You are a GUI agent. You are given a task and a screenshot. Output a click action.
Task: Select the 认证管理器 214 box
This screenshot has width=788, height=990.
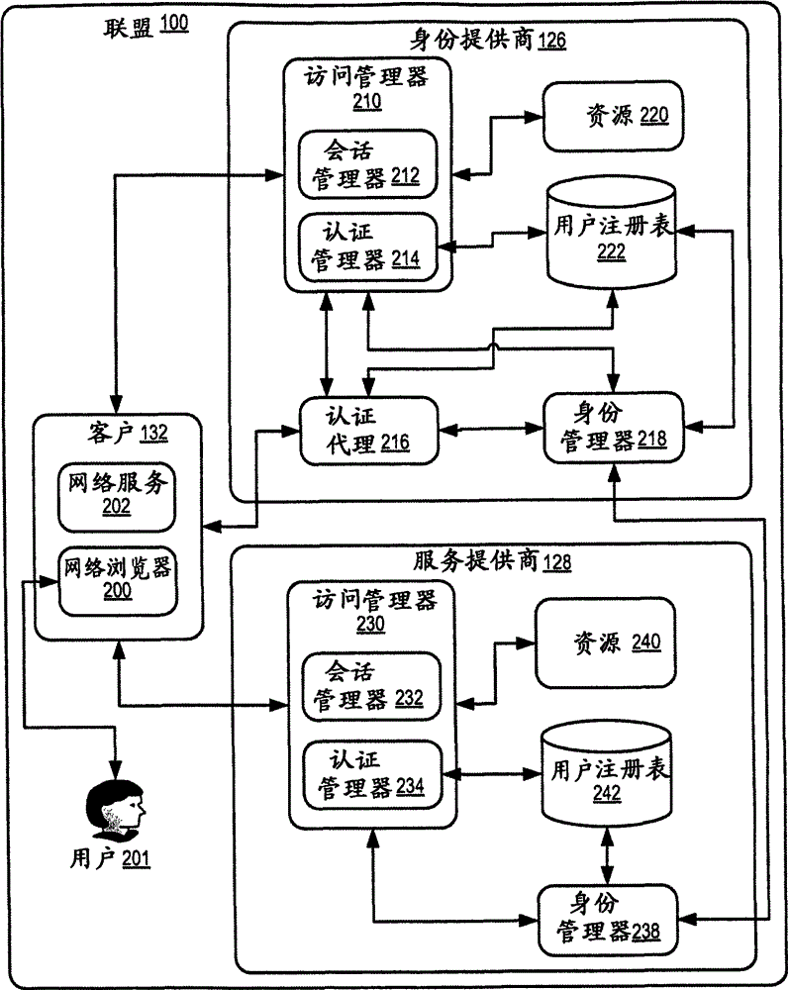coord(367,245)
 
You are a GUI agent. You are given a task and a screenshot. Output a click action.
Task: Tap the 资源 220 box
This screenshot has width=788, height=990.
coord(614,117)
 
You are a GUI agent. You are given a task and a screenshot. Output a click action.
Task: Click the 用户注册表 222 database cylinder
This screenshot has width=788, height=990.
coord(614,234)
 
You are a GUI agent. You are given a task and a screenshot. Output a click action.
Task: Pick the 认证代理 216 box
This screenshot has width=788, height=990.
coord(368,430)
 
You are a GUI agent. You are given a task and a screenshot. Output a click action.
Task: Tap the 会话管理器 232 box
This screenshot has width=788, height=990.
coord(370,685)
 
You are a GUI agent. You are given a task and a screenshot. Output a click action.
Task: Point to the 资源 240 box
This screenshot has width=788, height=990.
coord(612,643)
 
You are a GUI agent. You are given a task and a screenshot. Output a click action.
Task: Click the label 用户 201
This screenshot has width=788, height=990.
coord(112,858)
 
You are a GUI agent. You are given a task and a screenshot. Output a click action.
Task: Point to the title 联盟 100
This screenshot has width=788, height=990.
coord(146,27)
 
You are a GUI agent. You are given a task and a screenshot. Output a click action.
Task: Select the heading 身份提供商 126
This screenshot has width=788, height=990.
coord(488,41)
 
